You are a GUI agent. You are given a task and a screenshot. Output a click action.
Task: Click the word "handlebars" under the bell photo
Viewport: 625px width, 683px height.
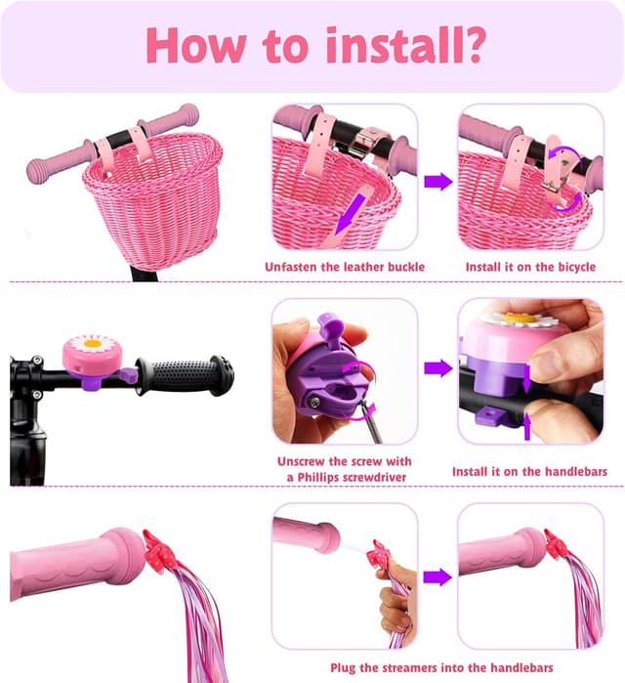(576, 471)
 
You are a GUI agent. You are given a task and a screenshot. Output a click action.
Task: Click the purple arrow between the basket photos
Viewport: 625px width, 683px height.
(438, 181)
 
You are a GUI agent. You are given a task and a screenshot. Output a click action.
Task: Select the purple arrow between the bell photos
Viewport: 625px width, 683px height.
(438, 368)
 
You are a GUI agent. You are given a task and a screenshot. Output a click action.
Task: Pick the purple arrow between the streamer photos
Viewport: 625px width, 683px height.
(437, 577)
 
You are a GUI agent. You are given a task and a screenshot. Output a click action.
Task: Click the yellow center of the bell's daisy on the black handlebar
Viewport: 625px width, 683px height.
(92, 344)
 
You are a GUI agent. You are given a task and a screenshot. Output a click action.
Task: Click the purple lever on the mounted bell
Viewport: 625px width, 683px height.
(128, 374)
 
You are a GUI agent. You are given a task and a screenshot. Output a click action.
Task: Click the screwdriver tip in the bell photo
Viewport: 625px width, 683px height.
(364, 406)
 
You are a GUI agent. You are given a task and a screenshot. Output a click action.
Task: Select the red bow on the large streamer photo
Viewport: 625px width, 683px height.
(160, 551)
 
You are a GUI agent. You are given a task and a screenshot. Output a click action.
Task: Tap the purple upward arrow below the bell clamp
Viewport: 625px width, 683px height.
(527, 426)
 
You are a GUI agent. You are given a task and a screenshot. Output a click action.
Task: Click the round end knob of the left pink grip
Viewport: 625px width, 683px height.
(36, 171)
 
